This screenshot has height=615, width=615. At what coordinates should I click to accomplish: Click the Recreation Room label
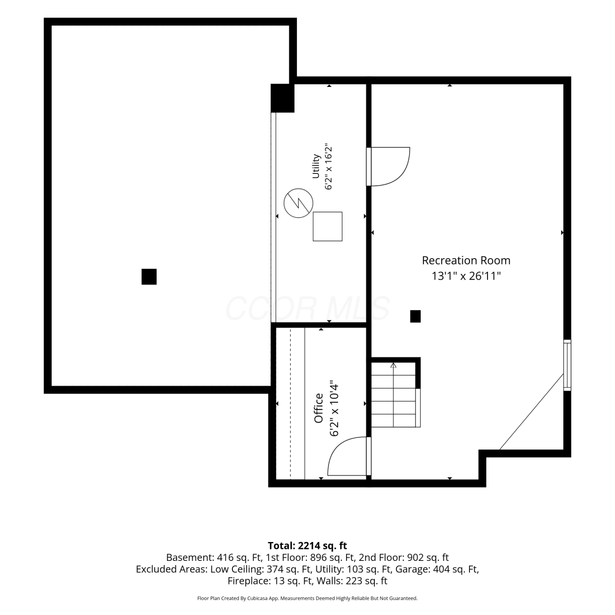466,260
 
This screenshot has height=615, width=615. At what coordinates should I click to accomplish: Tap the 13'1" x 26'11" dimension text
466,276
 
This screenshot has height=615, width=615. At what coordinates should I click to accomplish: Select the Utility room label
316,166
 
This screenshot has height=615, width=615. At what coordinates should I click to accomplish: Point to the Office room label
319,408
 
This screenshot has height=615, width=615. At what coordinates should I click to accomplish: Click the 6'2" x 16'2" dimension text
328,166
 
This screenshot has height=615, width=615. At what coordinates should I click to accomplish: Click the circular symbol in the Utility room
298,203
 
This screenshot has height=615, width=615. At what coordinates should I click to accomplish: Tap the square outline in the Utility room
328,226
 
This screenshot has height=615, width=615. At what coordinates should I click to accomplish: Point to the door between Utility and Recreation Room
388,166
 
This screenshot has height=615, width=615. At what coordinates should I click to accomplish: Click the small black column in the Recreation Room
415,317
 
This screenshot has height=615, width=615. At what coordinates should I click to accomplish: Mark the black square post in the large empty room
149,277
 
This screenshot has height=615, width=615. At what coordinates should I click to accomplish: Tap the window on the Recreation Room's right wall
567,365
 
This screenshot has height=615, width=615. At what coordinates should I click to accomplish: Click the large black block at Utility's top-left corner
282,98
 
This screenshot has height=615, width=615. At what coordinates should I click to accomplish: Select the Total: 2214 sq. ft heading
307,546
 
